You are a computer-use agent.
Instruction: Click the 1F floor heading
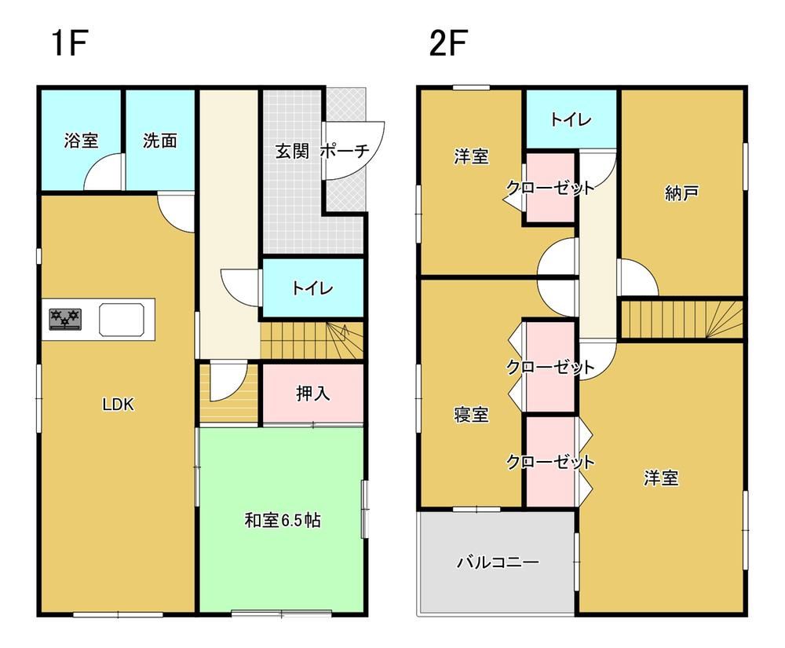coord(70,43)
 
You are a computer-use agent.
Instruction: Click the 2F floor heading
coord(448,43)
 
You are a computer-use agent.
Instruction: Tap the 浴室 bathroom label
coord(81,141)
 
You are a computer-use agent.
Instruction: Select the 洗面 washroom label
coord(159,141)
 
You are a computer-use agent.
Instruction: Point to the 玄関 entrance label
coord(292,151)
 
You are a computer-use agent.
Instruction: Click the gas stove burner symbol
coord(65,319)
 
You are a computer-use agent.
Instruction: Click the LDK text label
coord(119,405)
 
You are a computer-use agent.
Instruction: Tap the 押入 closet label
coord(313,393)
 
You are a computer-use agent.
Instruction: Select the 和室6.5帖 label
coord(283,520)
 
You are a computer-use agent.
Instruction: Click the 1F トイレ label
coord(312,288)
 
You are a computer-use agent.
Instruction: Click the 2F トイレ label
coord(571,119)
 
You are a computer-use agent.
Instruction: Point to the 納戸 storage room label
coord(681,192)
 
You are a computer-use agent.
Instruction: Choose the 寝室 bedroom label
coord(470,415)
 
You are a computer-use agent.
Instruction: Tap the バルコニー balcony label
coord(498,562)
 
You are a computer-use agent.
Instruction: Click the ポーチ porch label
coord(345,151)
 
